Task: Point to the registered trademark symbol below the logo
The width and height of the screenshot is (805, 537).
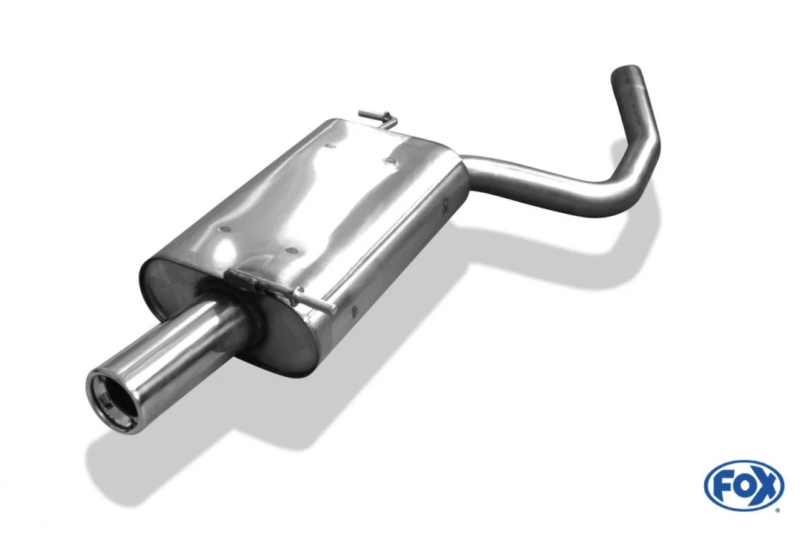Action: [778, 510]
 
